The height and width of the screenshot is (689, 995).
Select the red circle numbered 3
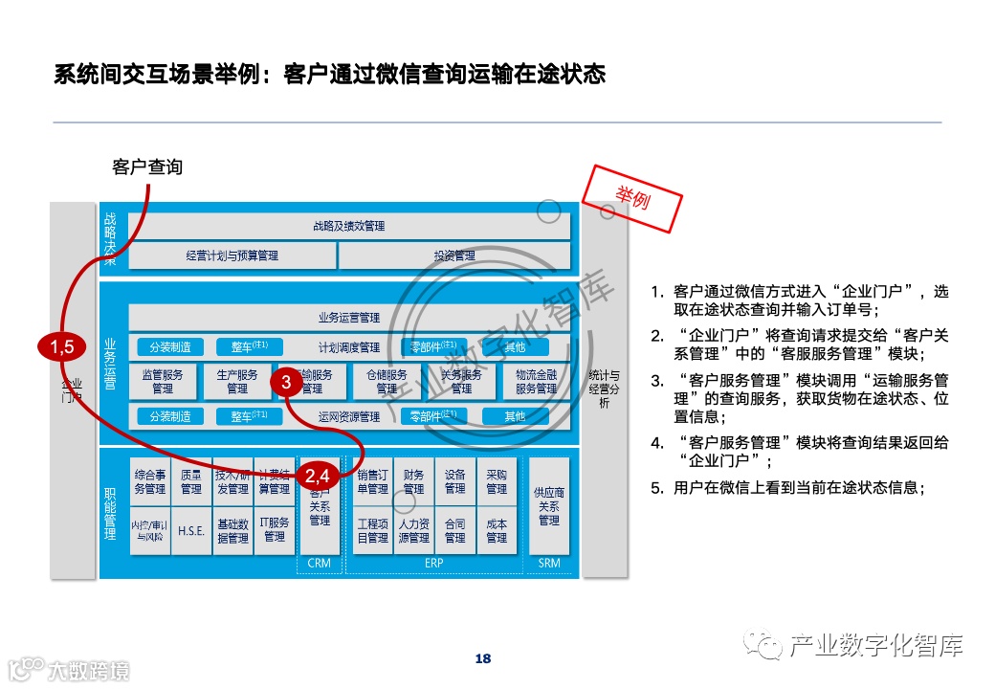point(286,382)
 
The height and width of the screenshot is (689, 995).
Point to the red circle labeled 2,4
point(318,475)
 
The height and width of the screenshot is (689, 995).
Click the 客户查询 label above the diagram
point(147,167)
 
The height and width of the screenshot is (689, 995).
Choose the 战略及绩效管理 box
point(348,227)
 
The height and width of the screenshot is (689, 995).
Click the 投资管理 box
point(453,256)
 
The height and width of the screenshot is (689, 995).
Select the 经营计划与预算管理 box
point(232,256)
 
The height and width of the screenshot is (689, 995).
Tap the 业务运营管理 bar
point(348,317)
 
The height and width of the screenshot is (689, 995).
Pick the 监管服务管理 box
point(163,382)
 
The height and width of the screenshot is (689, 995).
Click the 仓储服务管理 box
point(387,382)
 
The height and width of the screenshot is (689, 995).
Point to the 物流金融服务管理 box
point(536,382)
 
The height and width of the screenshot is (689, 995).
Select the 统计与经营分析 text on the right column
point(604,389)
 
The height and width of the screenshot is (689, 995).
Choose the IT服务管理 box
point(275,530)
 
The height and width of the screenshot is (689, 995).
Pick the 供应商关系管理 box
point(549,506)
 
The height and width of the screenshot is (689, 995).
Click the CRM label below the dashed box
point(320,563)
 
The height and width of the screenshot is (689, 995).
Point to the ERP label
point(433,563)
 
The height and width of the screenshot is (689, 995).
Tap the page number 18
point(483,658)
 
